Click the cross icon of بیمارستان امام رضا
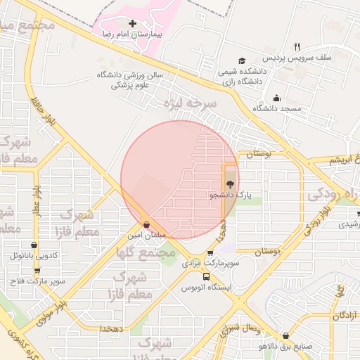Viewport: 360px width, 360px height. coord(132,23)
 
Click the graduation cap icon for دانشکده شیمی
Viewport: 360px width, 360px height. coord(242,61)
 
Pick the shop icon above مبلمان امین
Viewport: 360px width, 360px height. coord(146,225)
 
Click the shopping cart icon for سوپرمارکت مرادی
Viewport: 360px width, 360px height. coord(210,254)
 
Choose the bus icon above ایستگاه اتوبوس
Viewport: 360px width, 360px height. coord(206,276)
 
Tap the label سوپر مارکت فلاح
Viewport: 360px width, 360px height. coord(37,281)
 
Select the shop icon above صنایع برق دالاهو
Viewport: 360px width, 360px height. coord(285,336)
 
